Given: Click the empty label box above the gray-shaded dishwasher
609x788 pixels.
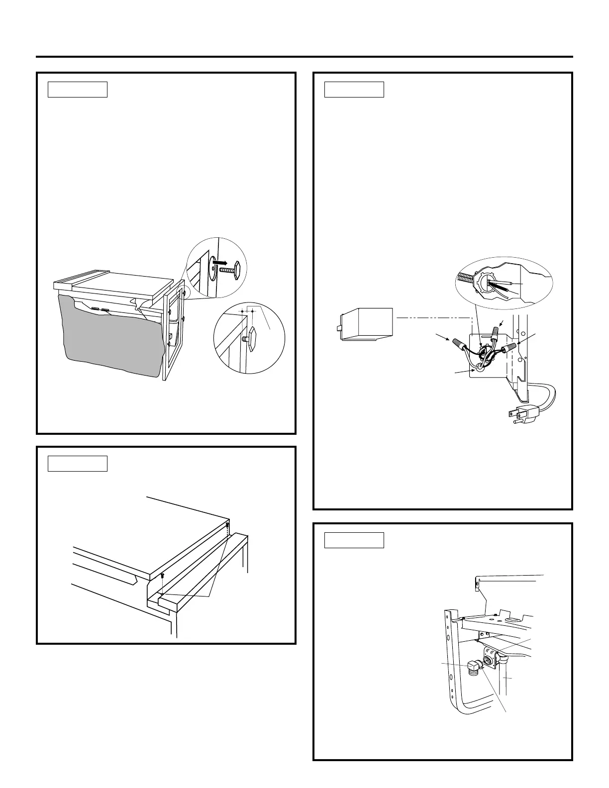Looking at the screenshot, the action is point(78,90).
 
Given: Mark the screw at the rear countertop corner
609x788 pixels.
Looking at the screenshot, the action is point(227,525).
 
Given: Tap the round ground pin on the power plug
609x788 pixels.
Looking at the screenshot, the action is point(515,421).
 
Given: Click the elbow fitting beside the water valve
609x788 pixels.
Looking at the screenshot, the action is point(474,665).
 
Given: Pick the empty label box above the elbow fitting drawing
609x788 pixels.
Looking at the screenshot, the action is point(354,540).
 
